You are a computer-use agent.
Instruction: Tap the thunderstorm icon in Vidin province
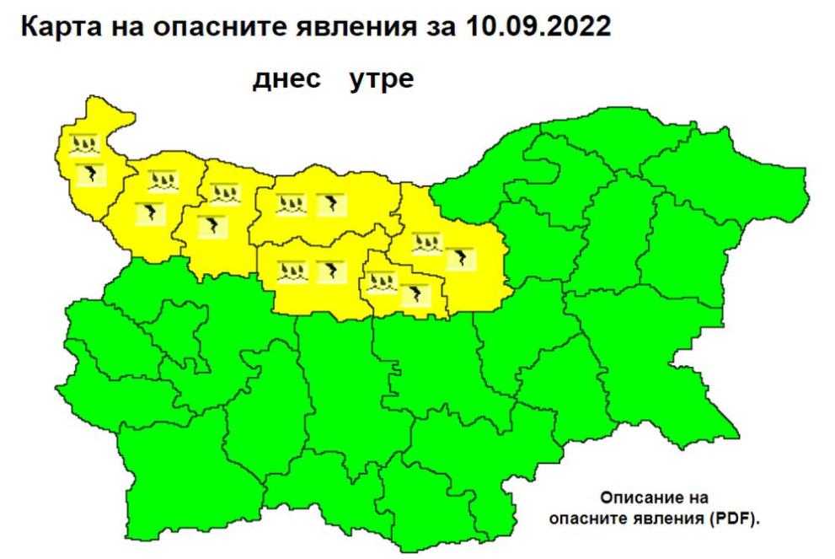pyautogui.click(x=88, y=175)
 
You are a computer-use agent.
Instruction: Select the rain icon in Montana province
pyautogui.click(x=161, y=180)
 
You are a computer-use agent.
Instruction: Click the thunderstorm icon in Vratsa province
pyautogui.click(x=207, y=226)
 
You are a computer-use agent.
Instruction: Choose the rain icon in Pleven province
pyautogui.click(x=292, y=203)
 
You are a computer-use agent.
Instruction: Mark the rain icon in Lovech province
pyautogui.click(x=292, y=271)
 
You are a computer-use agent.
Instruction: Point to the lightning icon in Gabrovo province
pyautogui.click(x=414, y=294)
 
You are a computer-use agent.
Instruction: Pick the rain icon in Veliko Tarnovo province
pyautogui.click(x=425, y=245)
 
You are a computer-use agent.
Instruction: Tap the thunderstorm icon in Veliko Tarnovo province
pyautogui.click(x=458, y=258)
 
